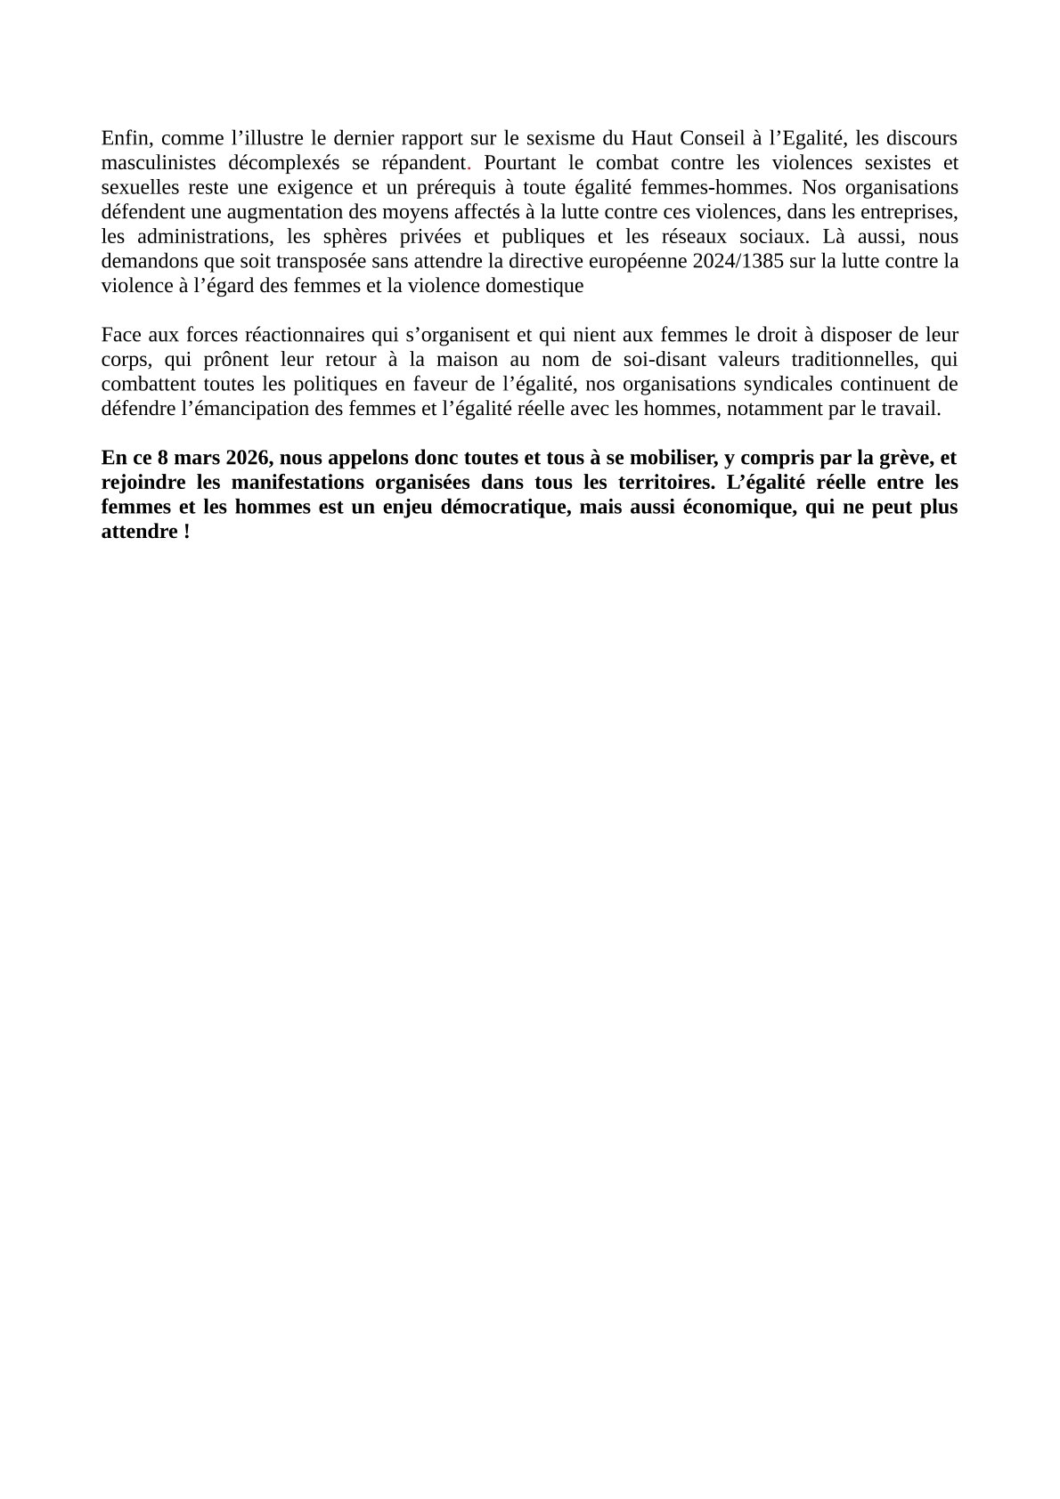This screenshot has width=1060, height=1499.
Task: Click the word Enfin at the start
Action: tap(124, 138)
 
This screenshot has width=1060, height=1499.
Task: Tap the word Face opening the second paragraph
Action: tap(120, 335)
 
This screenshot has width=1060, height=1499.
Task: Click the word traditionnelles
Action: tap(848, 360)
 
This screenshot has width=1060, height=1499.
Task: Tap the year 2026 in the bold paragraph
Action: tap(247, 458)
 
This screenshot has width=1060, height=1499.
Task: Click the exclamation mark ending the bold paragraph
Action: tap(186, 532)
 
